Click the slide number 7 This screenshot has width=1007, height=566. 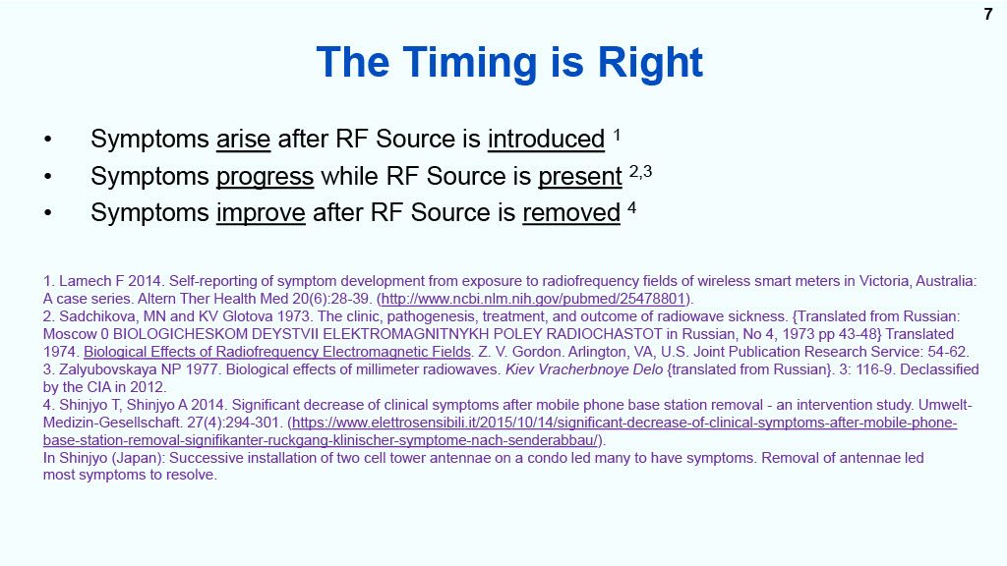click(x=987, y=14)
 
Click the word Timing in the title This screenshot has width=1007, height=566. click(x=471, y=63)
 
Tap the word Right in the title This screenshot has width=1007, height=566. click(x=650, y=63)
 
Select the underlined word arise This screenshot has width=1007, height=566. click(x=244, y=140)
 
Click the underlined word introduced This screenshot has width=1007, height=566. click(x=546, y=140)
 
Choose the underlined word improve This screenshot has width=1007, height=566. click(x=261, y=213)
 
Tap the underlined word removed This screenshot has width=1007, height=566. click(x=571, y=213)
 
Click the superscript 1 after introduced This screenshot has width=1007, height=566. click(x=617, y=135)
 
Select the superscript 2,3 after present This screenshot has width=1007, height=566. click(x=640, y=171)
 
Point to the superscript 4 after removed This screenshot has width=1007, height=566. click(x=632, y=208)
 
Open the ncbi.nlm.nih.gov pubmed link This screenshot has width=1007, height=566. click(x=534, y=299)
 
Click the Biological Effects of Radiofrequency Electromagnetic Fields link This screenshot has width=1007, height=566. click(x=277, y=353)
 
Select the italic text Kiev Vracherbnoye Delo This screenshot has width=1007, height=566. click(x=584, y=369)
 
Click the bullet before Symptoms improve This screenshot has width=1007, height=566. click(x=47, y=213)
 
